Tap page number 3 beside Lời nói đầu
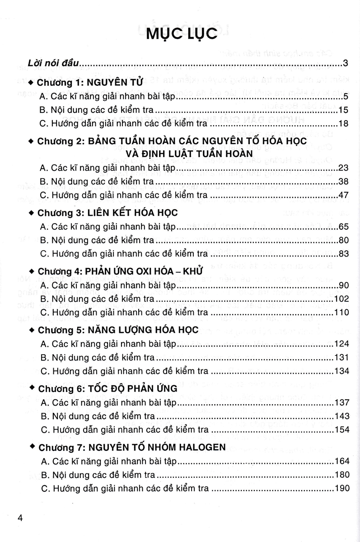tap(345, 63)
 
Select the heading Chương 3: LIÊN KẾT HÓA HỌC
tap(108, 213)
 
